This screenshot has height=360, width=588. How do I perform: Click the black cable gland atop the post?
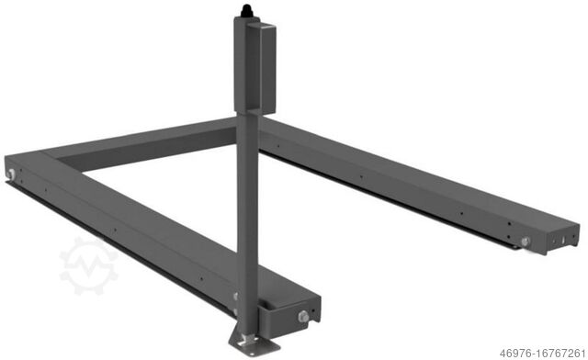tap(244, 10)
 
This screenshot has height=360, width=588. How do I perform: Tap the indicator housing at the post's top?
tap(254, 64)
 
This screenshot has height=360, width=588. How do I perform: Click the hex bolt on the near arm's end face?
tap(302, 317)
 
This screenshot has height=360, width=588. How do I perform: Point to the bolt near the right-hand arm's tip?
tap(526, 242)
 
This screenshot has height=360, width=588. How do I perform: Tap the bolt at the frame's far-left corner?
tap(10, 174)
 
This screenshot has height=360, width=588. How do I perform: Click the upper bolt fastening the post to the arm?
tap(237, 297)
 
